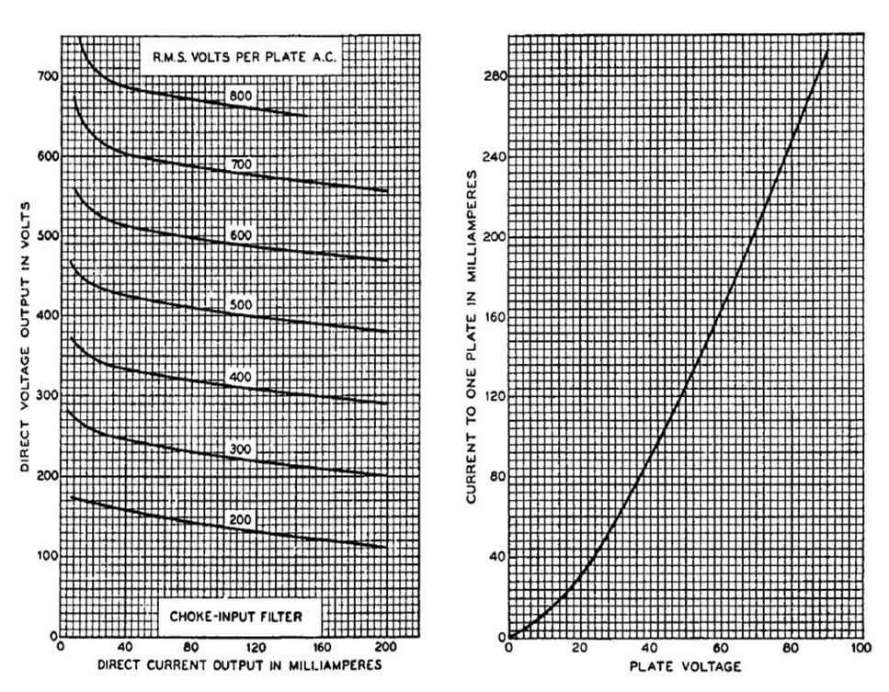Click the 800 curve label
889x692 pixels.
242,95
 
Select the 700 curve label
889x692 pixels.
242,164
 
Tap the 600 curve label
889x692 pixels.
242,235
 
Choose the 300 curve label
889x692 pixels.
242,448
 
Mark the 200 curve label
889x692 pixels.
242,519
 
